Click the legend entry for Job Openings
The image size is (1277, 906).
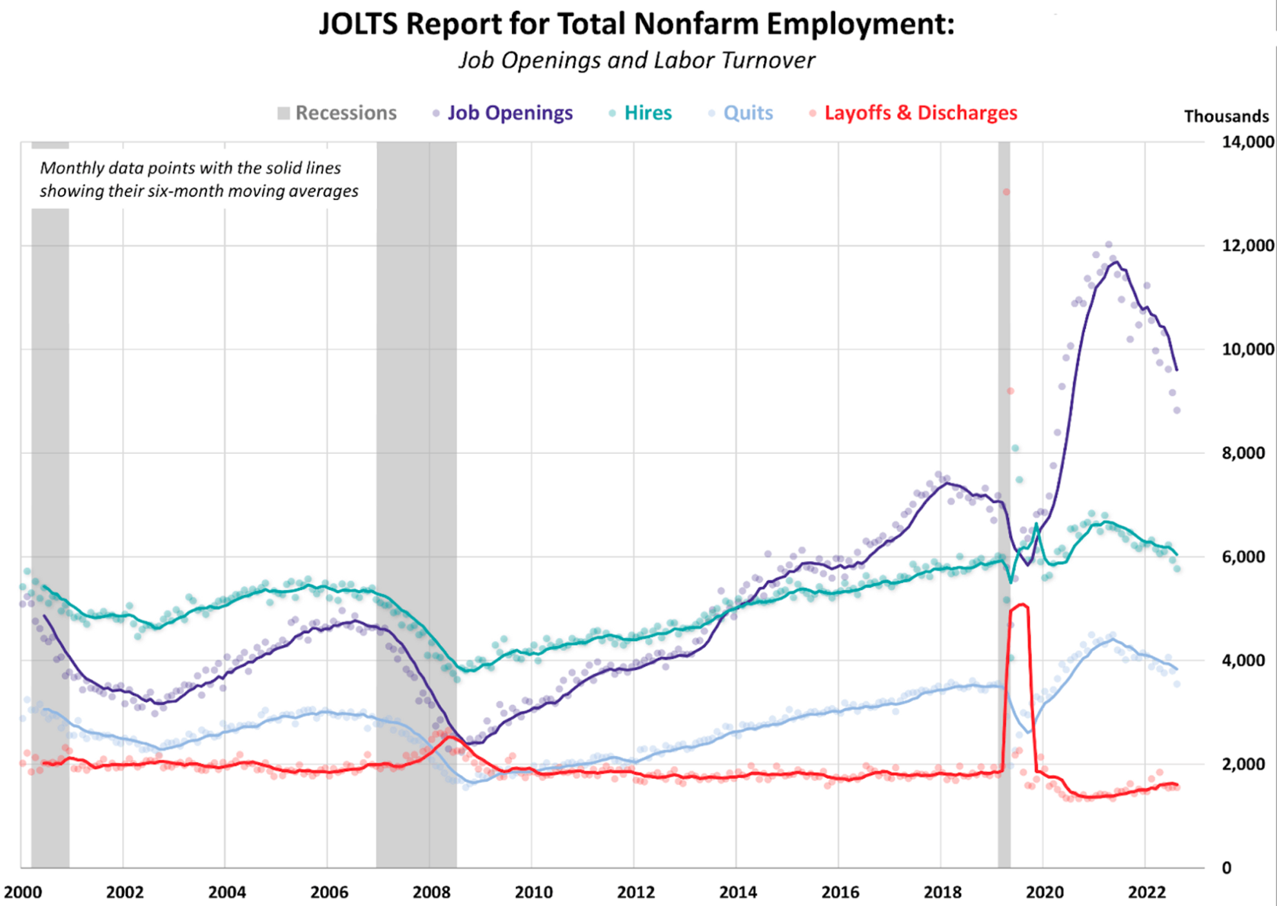[x=509, y=113]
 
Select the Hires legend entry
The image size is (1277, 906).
[x=648, y=113]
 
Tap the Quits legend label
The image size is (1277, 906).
[x=747, y=113]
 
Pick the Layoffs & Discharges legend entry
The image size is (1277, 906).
[x=920, y=113]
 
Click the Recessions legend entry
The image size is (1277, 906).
[x=345, y=113]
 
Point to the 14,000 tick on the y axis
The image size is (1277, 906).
[x=1247, y=142]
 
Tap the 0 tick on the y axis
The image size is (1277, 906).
[x=1227, y=868]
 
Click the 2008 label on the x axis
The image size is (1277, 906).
[x=431, y=892]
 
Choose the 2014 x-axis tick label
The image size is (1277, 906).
[x=738, y=892]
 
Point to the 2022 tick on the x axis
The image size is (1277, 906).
[x=1147, y=892]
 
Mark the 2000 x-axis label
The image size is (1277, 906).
[x=23, y=892]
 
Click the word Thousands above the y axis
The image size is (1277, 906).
[x=1226, y=117]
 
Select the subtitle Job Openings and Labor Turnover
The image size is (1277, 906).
[x=637, y=61]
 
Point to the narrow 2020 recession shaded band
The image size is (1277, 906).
[x=1004, y=503]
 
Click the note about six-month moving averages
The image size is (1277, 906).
[x=199, y=180]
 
